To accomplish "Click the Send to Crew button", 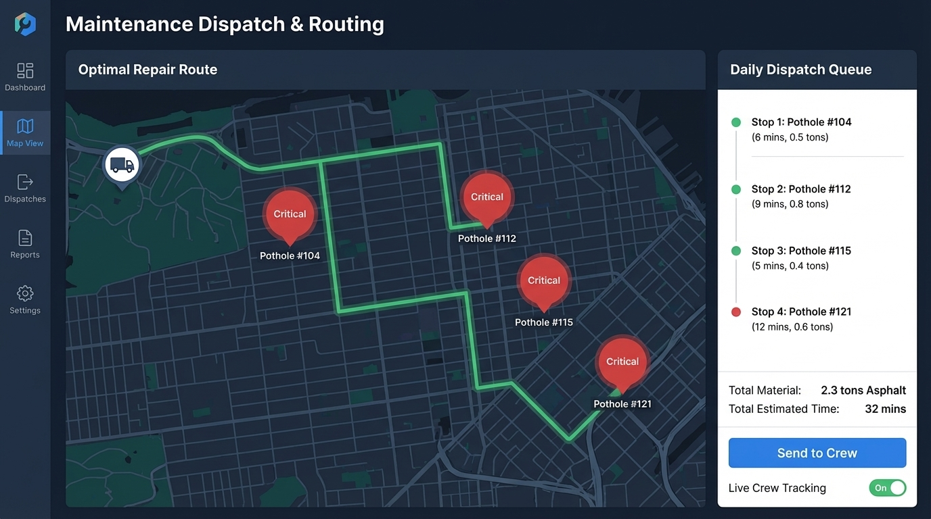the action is [x=817, y=453].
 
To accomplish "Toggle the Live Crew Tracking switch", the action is [x=887, y=488].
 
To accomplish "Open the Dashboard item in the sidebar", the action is [x=25, y=76].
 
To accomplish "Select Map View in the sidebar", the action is [x=25, y=132].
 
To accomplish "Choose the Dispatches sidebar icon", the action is [x=25, y=188].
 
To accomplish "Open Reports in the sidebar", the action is [x=25, y=244].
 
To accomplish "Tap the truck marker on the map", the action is [x=122, y=165].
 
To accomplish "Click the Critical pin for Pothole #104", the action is [x=290, y=214].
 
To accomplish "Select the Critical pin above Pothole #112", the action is [x=487, y=197].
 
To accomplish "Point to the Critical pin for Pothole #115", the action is [x=544, y=280].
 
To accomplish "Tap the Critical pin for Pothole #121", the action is [x=622, y=362].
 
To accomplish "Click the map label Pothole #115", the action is [x=544, y=322].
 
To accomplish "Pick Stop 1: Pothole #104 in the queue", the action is [x=801, y=122].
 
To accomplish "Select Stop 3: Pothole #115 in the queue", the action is [x=801, y=251].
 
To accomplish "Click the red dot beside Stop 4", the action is [x=736, y=312].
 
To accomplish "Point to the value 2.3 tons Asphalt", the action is [x=863, y=390].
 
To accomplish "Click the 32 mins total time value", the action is [x=885, y=409].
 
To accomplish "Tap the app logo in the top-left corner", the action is [x=25, y=24].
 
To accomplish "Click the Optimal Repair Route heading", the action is [x=147, y=70].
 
